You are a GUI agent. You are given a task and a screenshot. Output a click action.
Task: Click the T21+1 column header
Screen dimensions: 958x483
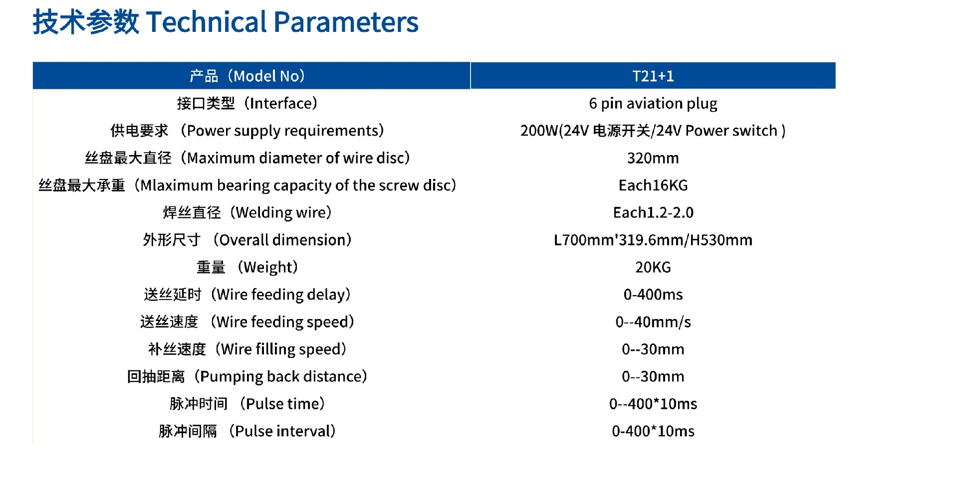[x=653, y=76]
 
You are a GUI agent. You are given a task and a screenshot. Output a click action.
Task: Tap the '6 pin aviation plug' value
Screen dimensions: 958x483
[x=653, y=104]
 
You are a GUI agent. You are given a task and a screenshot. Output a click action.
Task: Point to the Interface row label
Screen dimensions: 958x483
[x=247, y=103]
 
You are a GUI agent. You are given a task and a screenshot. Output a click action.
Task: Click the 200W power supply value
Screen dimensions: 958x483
[x=653, y=131]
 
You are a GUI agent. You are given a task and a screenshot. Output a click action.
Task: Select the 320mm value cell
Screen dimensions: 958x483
[x=653, y=158]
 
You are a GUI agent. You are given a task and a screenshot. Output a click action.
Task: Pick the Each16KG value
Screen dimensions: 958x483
[x=653, y=185]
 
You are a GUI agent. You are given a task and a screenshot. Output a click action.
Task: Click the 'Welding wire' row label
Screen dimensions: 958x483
[x=247, y=213]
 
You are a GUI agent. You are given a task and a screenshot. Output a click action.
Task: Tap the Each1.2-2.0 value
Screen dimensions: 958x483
[x=653, y=213]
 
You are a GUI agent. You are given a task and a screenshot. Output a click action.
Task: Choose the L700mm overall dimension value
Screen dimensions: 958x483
[x=653, y=240]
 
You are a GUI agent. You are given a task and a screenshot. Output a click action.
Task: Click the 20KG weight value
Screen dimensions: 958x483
[x=653, y=267]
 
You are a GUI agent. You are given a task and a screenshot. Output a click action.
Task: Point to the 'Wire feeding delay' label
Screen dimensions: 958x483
[x=247, y=295]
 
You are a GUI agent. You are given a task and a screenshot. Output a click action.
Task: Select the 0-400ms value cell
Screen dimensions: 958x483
[x=653, y=295]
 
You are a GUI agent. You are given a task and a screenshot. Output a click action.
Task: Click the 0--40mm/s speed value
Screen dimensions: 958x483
[x=653, y=322]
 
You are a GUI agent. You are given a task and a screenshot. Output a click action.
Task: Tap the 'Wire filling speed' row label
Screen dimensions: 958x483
[x=247, y=349]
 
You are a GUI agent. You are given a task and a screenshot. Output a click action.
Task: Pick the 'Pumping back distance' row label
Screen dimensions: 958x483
[x=247, y=376]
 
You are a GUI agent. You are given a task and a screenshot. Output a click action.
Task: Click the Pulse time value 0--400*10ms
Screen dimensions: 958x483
[x=653, y=404]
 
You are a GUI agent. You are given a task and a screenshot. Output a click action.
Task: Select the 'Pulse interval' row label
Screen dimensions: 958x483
[x=247, y=431]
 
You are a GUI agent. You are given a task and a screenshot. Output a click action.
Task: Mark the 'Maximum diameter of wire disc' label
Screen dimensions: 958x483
[x=247, y=158]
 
